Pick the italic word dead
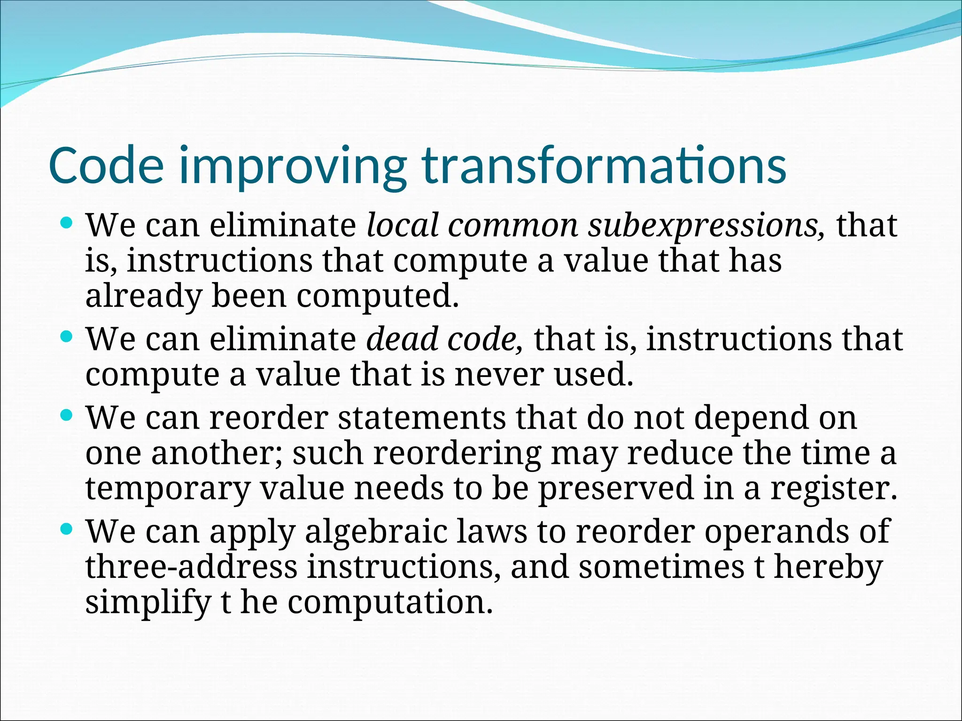click(x=402, y=339)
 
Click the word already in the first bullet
click(x=143, y=297)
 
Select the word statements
click(x=422, y=418)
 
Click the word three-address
click(x=191, y=567)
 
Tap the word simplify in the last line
click(x=147, y=603)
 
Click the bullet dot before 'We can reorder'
click(x=67, y=415)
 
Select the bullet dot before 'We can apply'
click(x=67, y=529)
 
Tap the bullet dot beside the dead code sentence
click(x=67, y=336)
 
